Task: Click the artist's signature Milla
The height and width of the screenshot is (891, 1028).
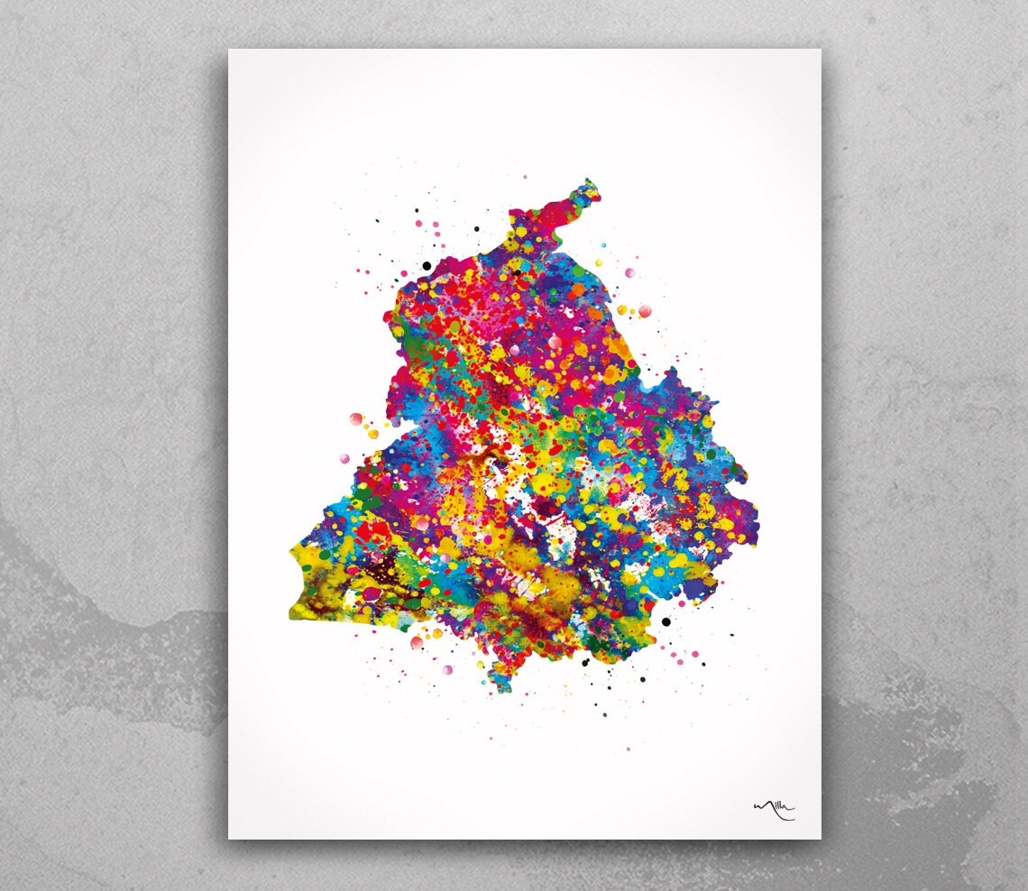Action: pos(774,809)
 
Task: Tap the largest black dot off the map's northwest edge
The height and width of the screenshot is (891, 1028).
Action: pos(427,265)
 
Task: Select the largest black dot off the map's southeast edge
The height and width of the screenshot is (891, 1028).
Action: pos(666,621)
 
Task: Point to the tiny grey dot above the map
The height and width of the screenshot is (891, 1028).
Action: pos(525,177)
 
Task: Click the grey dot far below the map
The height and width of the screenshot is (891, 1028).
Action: pos(628,749)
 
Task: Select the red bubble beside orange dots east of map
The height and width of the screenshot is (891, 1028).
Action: pos(645,311)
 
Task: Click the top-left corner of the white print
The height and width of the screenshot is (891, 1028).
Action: pos(229,50)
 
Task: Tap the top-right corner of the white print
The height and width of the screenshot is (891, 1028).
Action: pos(821,50)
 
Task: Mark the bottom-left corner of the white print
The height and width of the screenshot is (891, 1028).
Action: pos(229,839)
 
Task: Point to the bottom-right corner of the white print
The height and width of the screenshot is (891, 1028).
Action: pos(821,839)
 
